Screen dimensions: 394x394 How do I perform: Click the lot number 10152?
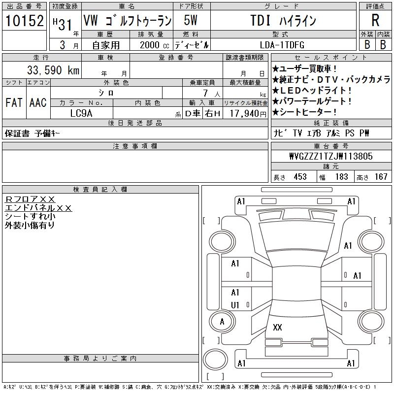click(x=24, y=21)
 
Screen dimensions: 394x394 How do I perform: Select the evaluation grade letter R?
click(x=375, y=20)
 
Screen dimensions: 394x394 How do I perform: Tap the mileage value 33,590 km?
click(x=53, y=70)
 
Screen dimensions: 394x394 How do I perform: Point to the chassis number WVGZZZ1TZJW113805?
click(x=331, y=156)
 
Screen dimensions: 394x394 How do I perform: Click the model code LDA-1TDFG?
click(x=282, y=45)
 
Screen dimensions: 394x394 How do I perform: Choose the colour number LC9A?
click(x=81, y=113)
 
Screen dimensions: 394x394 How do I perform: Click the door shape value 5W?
click(x=191, y=20)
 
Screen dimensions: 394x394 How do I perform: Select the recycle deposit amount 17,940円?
click(x=248, y=114)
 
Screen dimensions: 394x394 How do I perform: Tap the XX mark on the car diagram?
click(x=277, y=327)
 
